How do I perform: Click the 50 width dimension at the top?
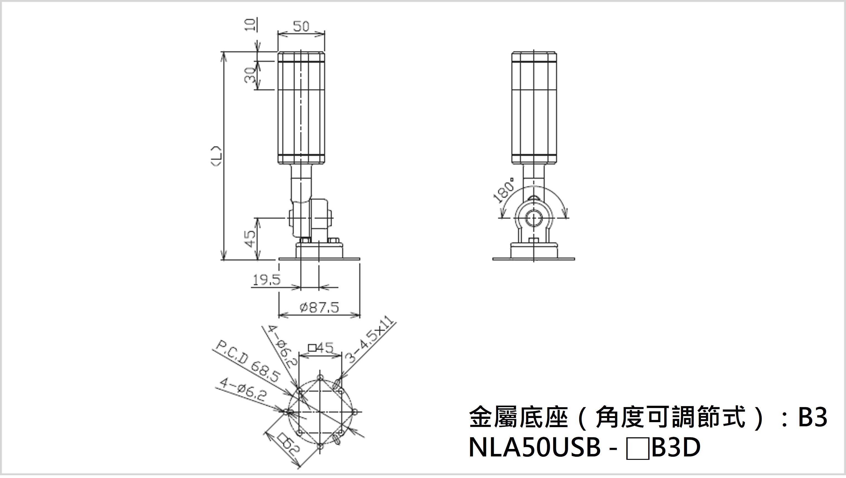point(301,26)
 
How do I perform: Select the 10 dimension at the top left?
point(250,25)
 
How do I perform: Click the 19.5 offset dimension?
point(266,280)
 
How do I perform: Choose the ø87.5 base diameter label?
point(319,308)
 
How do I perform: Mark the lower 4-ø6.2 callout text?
point(243,390)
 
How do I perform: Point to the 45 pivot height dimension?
point(250,239)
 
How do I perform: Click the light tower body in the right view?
point(534,108)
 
